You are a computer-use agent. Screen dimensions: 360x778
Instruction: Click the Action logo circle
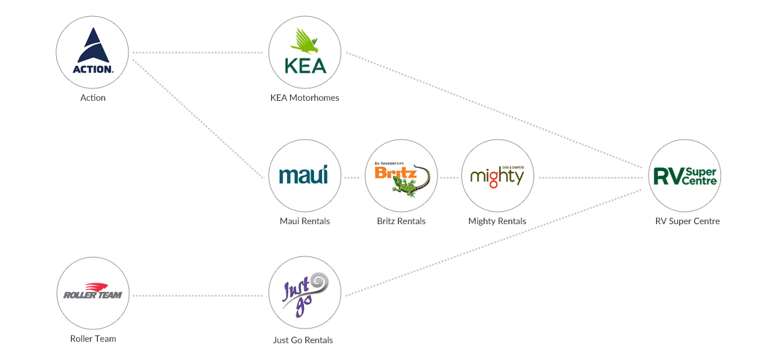(93, 53)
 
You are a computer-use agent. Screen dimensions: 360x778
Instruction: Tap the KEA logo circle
(305, 53)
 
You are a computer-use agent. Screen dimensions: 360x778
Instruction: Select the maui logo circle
(305, 176)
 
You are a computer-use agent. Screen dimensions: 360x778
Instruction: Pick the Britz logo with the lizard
(401, 176)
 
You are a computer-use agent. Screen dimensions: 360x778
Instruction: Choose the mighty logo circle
(497, 176)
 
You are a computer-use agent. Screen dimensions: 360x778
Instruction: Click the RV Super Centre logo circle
(684, 176)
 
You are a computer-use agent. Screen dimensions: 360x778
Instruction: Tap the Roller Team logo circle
(93, 295)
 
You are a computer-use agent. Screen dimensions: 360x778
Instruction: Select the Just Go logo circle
(305, 295)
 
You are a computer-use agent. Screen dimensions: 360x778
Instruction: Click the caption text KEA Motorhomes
(305, 98)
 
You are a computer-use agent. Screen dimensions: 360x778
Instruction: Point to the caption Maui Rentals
(305, 221)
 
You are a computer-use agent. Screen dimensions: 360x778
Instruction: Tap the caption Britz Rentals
(401, 221)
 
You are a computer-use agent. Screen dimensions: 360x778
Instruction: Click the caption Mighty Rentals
(497, 221)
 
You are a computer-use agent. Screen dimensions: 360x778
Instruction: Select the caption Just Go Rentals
(305, 340)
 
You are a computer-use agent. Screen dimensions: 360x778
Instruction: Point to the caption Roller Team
(93, 339)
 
